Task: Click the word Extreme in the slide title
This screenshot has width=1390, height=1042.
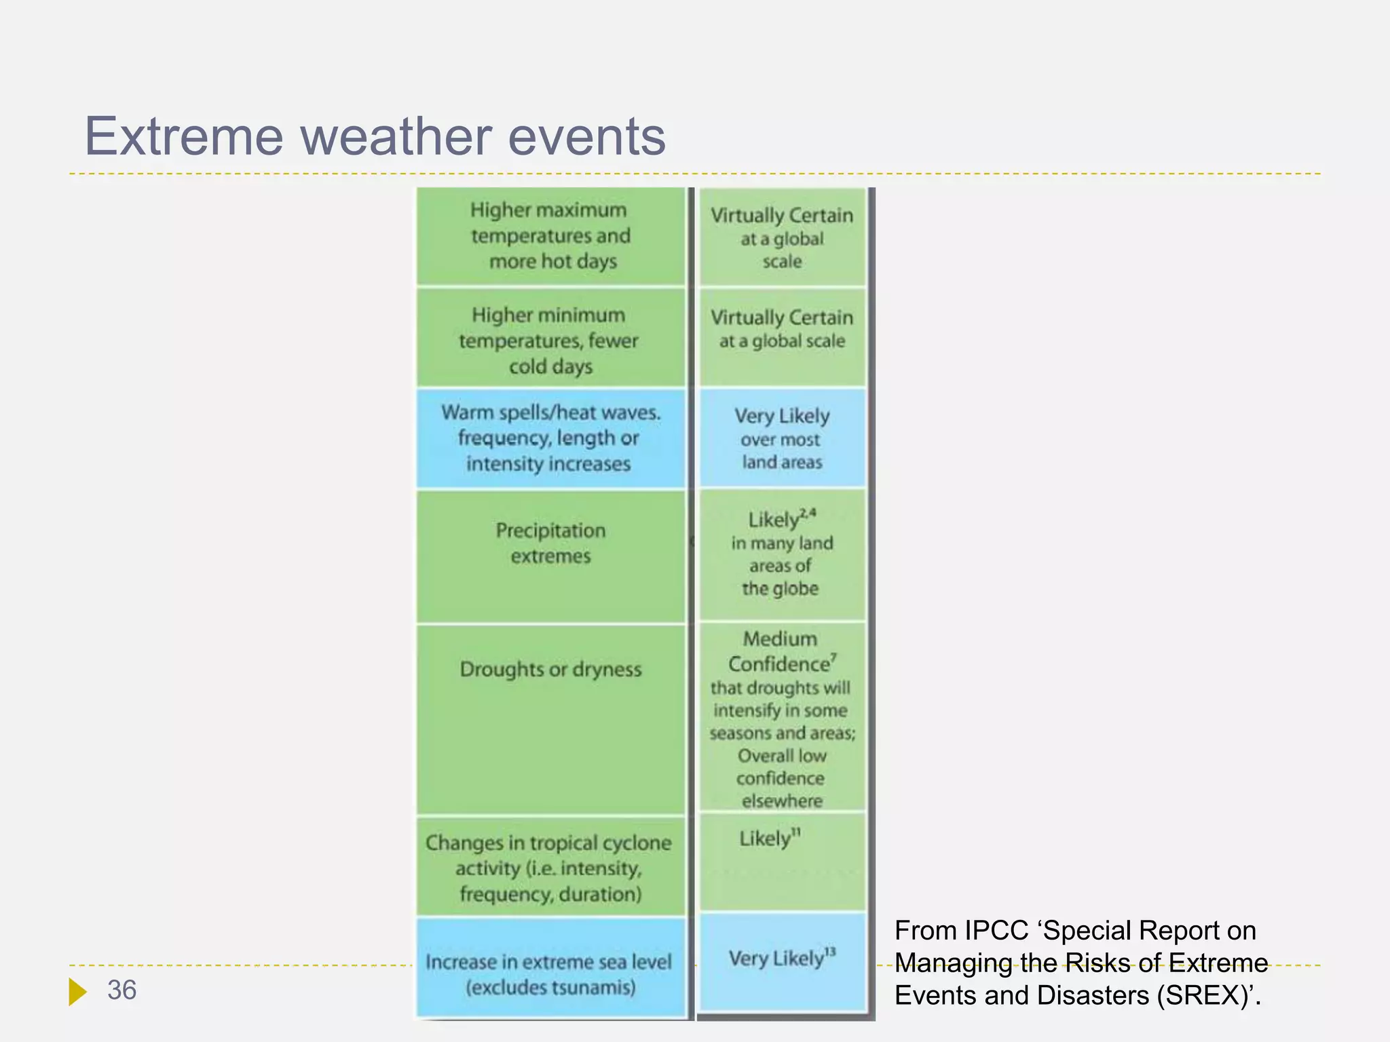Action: pos(183,136)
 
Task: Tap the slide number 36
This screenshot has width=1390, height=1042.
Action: pos(121,990)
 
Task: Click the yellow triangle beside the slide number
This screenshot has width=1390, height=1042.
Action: pos(77,992)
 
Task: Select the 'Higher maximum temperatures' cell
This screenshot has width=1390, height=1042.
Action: pos(550,235)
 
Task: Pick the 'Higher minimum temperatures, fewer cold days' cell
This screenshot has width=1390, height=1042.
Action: pos(550,340)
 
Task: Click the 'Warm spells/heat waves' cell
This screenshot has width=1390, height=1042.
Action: pos(550,438)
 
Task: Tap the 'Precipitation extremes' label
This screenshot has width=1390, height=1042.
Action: pos(550,543)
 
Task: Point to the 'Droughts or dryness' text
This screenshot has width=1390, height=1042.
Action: pos(550,670)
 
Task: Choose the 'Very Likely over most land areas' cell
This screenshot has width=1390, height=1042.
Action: pos(782,438)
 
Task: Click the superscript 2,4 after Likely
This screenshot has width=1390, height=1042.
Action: pos(808,513)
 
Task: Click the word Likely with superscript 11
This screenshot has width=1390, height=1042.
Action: pos(765,839)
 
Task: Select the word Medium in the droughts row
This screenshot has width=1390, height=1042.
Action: pos(780,638)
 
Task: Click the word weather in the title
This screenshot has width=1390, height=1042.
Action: pos(396,136)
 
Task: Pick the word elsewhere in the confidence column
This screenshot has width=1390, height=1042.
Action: pos(782,801)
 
